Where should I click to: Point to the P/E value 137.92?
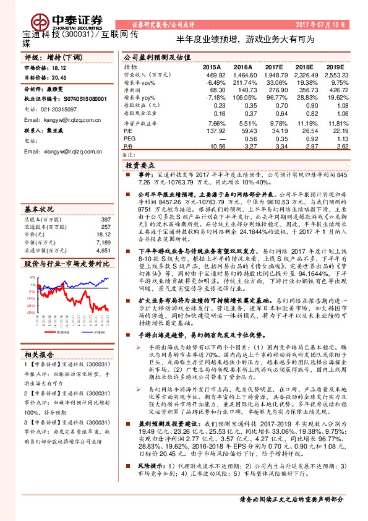point(216,131)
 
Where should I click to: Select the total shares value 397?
point(105,202)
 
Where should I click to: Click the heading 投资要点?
point(140,166)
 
